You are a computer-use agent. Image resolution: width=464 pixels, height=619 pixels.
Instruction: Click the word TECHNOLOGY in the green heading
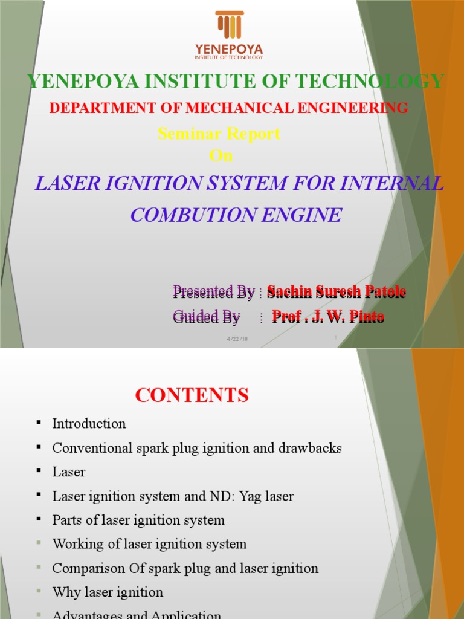(380, 81)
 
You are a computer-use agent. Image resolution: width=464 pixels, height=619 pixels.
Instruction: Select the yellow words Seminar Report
(219, 134)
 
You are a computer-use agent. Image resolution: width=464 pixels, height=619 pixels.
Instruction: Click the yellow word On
(221, 155)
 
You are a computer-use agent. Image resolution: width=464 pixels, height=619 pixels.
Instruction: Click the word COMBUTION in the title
(193, 215)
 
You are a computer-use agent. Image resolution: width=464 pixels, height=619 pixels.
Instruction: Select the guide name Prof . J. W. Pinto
(328, 316)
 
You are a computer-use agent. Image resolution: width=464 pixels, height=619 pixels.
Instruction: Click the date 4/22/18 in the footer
(237, 339)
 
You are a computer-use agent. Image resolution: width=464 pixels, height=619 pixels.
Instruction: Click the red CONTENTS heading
(192, 395)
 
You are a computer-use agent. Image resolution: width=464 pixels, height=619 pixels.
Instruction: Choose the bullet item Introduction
(89, 424)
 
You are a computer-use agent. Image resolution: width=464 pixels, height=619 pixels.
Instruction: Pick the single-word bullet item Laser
(69, 472)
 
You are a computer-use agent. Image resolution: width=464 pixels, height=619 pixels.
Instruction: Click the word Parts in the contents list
(66, 520)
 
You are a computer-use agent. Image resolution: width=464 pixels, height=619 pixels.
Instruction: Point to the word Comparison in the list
(83, 568)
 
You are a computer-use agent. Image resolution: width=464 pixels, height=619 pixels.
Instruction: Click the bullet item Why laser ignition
(108, 592)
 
